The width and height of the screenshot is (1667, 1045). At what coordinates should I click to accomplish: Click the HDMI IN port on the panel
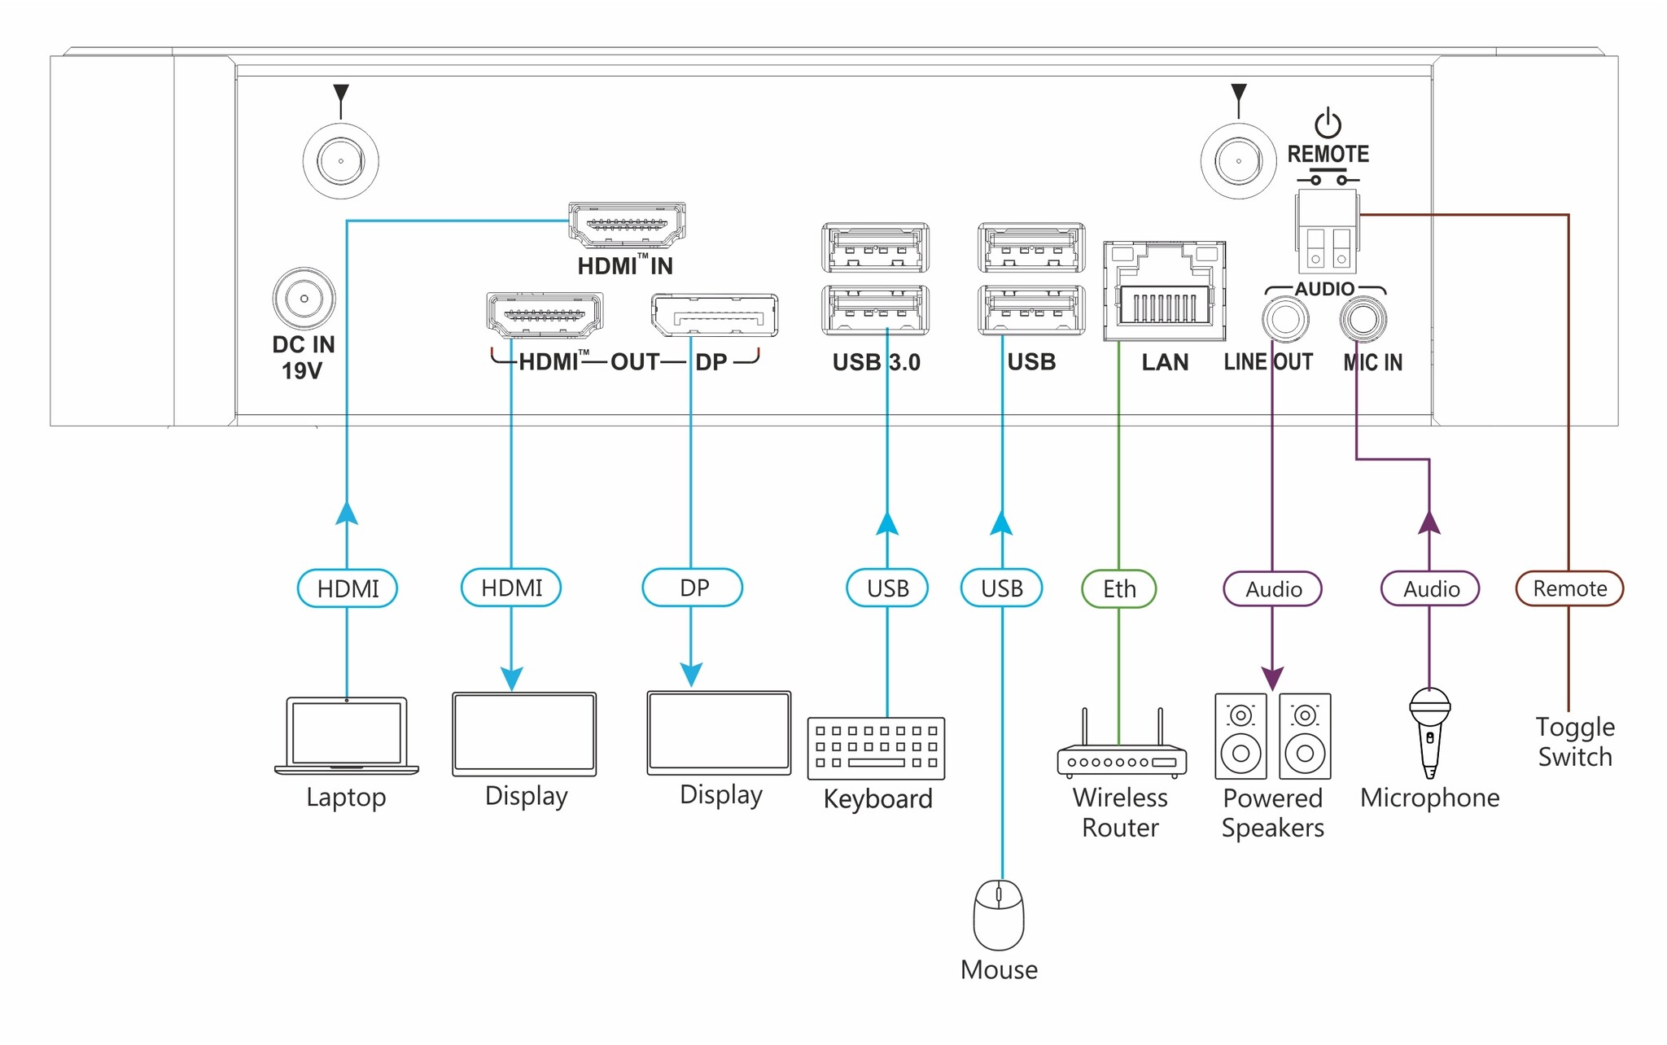click(x=626, y=225)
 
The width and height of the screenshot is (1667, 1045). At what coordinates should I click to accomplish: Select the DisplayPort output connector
click(x=714, y=316)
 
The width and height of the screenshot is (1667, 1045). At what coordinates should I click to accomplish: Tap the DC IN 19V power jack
click(x=304, y=299)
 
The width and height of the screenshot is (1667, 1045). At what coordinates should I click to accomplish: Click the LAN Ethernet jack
click(x=1164, y=292)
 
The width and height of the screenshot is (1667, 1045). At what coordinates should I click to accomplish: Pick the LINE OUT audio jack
click(x=1285, y=319)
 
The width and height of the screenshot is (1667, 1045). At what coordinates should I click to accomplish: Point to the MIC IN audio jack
click(x=1363, y=319)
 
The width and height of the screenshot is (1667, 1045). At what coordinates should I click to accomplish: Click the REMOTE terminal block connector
click(x=1328, y=232)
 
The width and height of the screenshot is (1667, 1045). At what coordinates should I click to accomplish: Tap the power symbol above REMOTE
click(x=1328, y=124)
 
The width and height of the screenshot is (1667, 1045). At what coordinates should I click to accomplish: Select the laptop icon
click(x=347, y=736)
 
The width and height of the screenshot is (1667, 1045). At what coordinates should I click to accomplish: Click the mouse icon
click(x=999, y=915)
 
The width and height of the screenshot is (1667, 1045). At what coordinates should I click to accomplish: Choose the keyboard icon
click(x=876, y=748)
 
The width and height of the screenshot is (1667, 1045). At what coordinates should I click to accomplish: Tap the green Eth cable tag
click(x=1118, y=588)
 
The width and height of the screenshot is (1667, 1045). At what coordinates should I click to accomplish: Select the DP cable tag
click(x=693, y=588)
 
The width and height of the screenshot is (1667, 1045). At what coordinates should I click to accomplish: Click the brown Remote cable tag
click(x=1569, y=588)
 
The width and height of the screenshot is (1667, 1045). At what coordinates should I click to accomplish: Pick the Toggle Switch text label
click(x=1574, y=741)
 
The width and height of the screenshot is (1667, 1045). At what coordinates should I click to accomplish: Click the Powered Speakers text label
click(x=1272, y=812)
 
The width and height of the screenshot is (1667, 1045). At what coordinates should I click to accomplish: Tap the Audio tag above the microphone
click(x=1430, y=589)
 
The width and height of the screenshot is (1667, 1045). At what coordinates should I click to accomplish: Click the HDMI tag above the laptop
click(x=348, y=588)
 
